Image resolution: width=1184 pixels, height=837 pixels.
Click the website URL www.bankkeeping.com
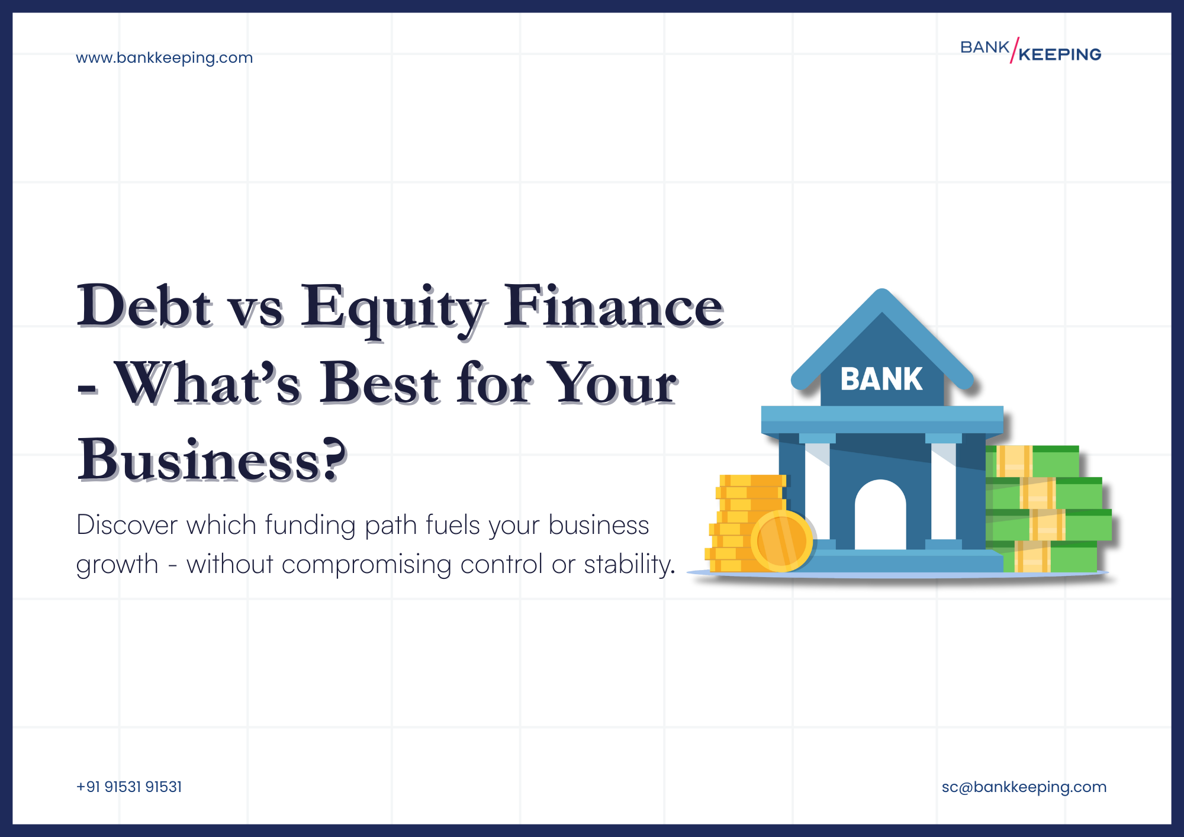(164, 58)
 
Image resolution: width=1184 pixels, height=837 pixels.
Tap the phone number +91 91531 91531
(129, 787)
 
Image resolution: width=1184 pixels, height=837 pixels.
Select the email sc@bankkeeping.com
(1024, 787)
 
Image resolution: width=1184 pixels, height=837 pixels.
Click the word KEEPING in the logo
(1060, 54)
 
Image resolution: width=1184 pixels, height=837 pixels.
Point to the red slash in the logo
(1014, 50)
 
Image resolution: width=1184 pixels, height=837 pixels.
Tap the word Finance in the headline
(613, 307)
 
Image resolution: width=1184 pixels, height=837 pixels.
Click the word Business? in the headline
(212, 460)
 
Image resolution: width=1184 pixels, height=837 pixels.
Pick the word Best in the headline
(379, 384)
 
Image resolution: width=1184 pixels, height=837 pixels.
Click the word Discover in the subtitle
(127, 525)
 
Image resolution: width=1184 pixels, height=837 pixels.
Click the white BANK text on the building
(881, 379)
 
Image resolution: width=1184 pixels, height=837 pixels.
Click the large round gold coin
(781, 540)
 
